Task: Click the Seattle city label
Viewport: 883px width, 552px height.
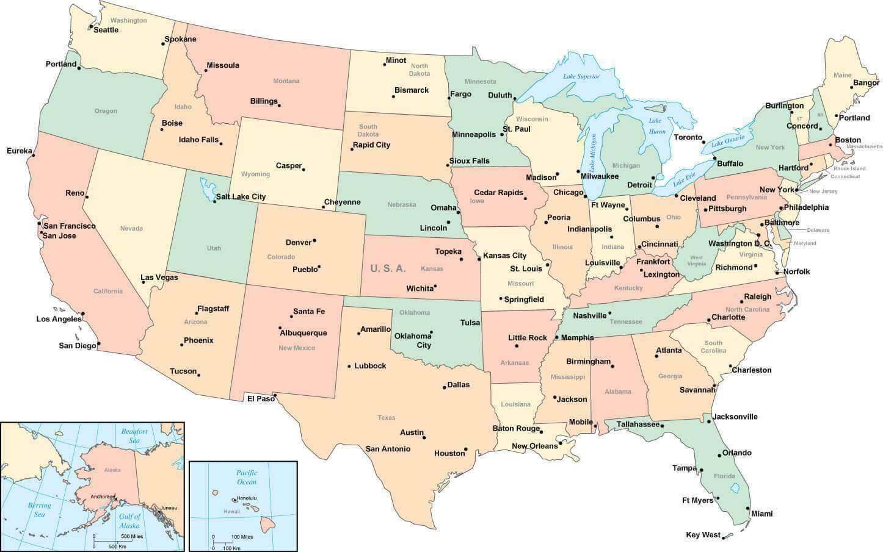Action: pyautogui.click(x=106, y=30)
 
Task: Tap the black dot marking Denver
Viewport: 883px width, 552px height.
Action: pyautogui.click(x=314, y=241)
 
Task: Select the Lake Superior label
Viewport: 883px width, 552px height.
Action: pyautogui.click(x=581, y=77)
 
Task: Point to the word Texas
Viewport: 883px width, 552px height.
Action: pyautogui.click(x=386, y=418)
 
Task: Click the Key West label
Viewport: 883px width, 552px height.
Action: pyautogui.click(x=703, y=535)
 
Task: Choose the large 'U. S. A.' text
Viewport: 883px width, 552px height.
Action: pyautogui.click(x=388, y=268)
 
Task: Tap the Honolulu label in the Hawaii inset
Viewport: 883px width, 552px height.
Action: pyautogui.click(x=247, y=498)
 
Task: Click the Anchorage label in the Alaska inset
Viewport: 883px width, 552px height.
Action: pyautogui.click(x=102, y=496)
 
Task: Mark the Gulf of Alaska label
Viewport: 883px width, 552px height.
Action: pyautogui.click(x=129, y=521)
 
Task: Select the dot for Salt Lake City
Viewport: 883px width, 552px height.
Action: pyautogui.click(x=214, y=201)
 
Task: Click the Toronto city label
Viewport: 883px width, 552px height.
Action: pyautogui.click(x=688, y=137)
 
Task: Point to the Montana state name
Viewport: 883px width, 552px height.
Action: pyautogui.click(x=286, y=81)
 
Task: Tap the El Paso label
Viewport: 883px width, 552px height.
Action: pyautogui.click(x=261, y=398)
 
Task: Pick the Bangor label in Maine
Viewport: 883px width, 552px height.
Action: pyautogui.click(x=865, y=83)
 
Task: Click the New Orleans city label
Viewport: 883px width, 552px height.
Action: pyautogui.click(x=534, y=446)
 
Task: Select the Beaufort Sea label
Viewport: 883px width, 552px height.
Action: pyautogui.click(x=134, y=436)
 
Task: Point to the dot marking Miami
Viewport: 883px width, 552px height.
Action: pyautogui.click(x=747, y=507)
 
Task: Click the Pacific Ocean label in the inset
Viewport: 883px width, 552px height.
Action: pyautogui.click(x=247, y=477)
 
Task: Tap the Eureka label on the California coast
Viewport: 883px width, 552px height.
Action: pyautogui.click(x=19, y=151)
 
